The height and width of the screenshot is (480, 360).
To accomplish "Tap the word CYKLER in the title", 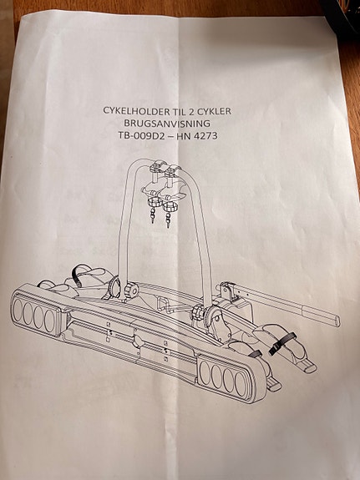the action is tap(214, 111).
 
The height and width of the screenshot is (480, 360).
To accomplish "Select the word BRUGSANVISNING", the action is tap(167, 123).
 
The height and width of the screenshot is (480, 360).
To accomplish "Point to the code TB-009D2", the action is tap(141, 135).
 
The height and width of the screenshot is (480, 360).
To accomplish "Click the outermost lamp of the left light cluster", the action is tap(18, 308).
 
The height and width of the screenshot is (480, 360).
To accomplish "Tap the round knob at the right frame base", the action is tap(198, 313).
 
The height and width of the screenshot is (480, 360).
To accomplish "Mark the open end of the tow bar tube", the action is tap(337, 321).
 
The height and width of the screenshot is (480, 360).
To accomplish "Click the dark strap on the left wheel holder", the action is tap(76, 275).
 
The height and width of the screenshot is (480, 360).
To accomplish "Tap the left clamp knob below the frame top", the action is tap(152, 202).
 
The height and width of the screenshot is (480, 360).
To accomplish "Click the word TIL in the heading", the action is tap(178, 111).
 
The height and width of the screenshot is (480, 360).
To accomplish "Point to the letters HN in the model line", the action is tap(185, 135).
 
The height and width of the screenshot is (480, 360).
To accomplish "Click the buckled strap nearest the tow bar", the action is tap(281, 342).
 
